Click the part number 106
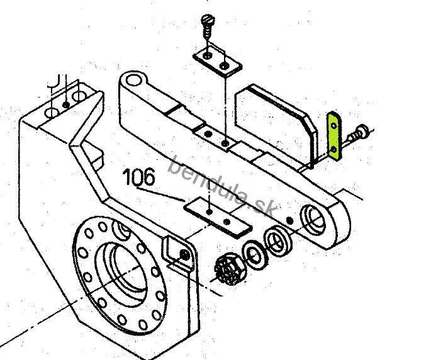tap(139, 177)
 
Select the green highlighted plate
tap(334, 135)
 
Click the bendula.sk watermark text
tap(222, 188)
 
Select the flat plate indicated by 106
tap(218, 217)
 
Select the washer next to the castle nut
tap(255, 255)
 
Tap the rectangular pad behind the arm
tap(276, 126)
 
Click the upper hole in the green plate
tap(333, 126)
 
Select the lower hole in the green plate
tap(333, 149)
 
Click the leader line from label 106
tap(160, 194)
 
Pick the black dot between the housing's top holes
tap(66, 104)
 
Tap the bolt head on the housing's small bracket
tap(184, 254)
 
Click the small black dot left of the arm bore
tap(289, 220)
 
